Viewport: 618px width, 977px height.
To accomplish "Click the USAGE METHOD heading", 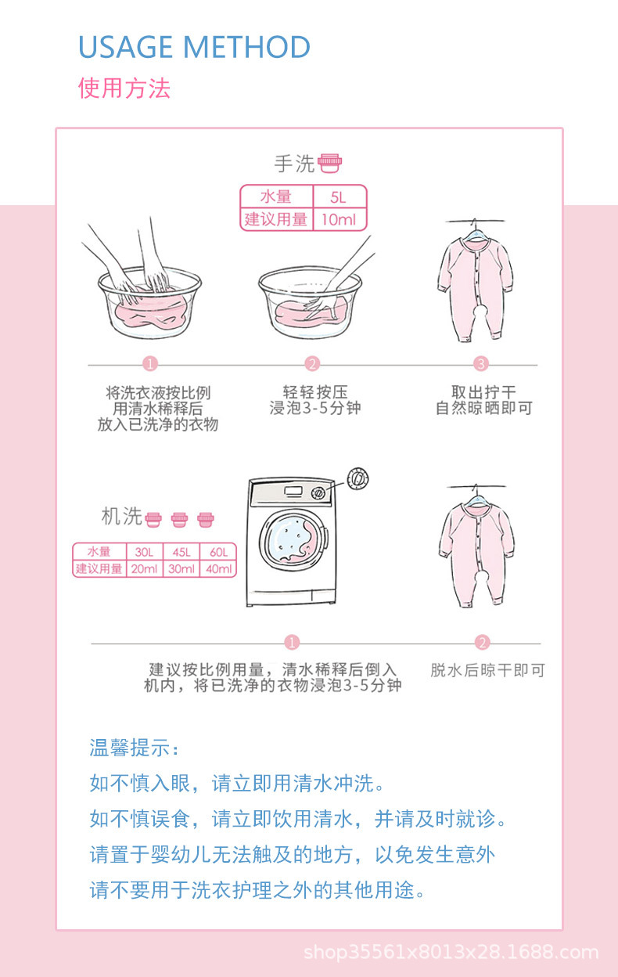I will click(x=194, y=47).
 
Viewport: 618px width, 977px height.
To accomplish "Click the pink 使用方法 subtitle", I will click(x=124, y=88).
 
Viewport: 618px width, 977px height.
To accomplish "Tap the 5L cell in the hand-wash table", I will click(x=339, y=197).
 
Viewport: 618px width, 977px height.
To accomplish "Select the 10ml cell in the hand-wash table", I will click(x=339, y=219).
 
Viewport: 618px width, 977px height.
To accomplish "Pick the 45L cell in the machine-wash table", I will click(x=181, y=552).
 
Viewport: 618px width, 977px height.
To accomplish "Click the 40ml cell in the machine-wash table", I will click(x=217, y=569).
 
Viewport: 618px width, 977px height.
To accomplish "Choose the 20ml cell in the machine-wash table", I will click(x=144, y=569).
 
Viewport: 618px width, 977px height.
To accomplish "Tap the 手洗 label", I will click(x=294, y=164).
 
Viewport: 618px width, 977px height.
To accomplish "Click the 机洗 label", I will click(x=122, y=516).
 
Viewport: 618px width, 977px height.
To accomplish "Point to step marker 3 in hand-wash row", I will click(x=481, y=363).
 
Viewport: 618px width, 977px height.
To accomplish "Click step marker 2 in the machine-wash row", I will click(x=482, y=643).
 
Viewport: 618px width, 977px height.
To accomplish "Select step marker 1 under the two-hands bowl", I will click(x=150, y=363).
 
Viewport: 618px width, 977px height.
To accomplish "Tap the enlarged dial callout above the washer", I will click(x=358, y=478).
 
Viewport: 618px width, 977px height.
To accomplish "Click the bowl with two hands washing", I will click(x=149, y=301).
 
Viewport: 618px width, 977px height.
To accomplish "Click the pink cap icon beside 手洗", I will click(x=330, y=164).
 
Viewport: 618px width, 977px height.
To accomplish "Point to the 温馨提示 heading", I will click(x=134, y=748).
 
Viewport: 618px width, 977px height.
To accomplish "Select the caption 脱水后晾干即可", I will click(x=487, y=670).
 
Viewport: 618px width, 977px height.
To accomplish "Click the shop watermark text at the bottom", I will click(x=451, y=953).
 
